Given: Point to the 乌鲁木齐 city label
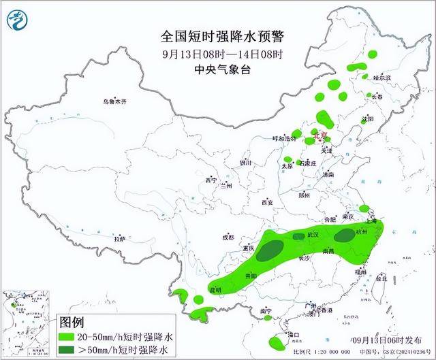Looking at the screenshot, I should [115, 101].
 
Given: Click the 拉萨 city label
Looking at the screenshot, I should [119, 239].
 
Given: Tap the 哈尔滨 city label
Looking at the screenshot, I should [384, 78].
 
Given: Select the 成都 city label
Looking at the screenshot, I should [227, 238].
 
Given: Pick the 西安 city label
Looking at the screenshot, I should [266, 202].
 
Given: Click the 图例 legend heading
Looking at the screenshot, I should [72, 321].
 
